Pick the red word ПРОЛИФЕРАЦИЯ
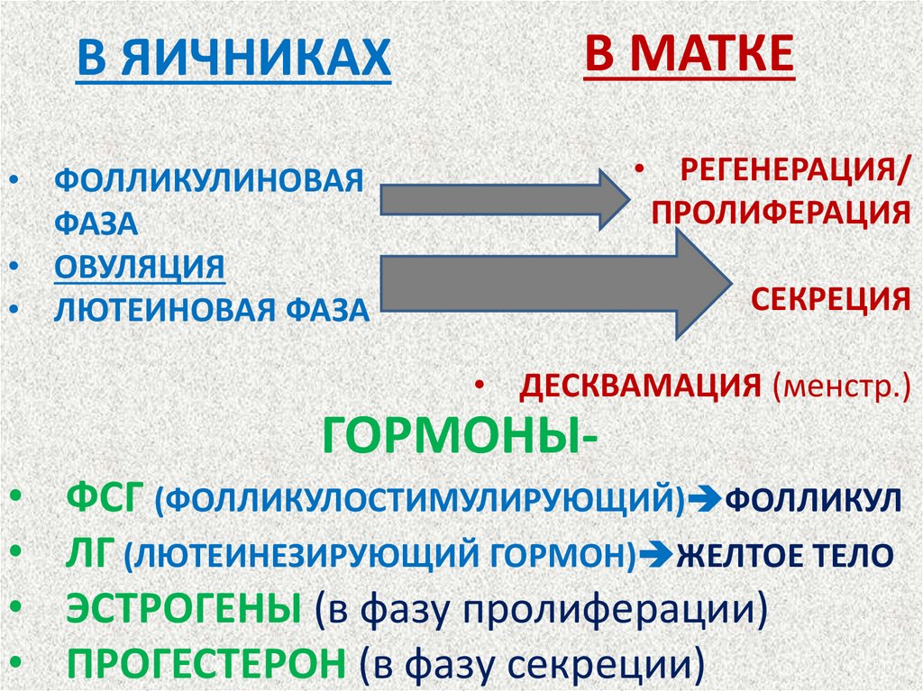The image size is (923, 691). [781, 213]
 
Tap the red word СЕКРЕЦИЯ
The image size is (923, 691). [830, 300]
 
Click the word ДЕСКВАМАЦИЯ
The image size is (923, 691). [641, 387]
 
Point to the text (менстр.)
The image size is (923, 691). [839, 387]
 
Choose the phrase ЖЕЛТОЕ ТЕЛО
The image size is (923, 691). [784, 555]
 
